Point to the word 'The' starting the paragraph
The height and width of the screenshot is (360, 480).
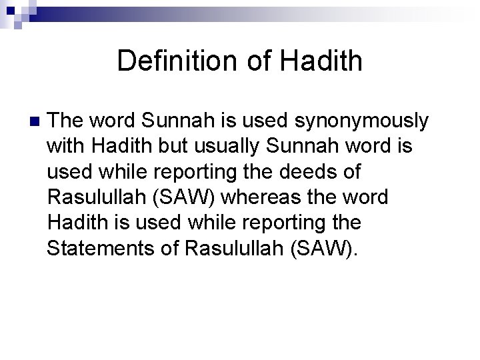(65, 121)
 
